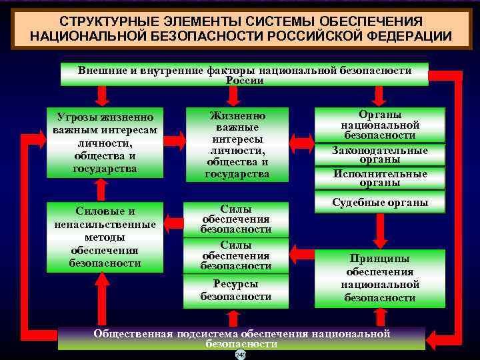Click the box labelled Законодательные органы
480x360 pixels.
(379, 155)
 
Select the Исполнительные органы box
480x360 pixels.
(379, 177)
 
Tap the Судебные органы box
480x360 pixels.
(379, 203)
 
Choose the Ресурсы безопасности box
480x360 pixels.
(236, 290)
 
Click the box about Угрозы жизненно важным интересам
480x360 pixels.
(105, 141)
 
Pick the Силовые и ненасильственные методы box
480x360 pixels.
(105, 237)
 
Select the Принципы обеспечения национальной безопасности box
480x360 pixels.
(379, 277)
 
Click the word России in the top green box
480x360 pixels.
(245, 81)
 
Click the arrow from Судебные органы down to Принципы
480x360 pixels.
(380, 231)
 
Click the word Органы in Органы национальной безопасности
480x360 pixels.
(379, 114)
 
